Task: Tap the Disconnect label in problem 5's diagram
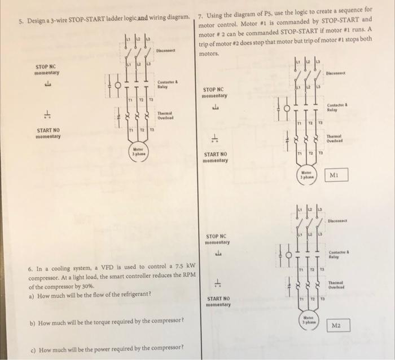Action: [x=169, y=51]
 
